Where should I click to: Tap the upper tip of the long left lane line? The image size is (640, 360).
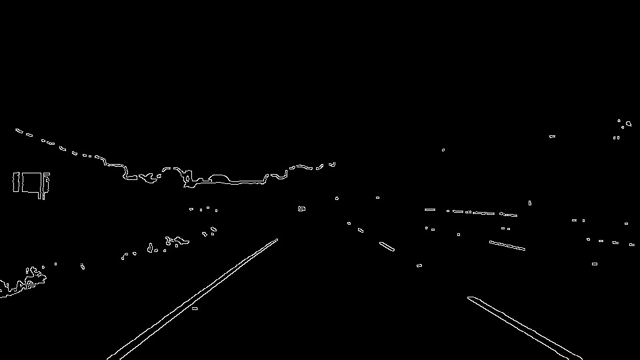(277, 239)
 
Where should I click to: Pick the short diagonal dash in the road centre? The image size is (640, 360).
(387, 247)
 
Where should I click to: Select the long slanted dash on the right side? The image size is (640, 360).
(507, 245)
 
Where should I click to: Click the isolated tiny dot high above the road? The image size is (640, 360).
(443, 150)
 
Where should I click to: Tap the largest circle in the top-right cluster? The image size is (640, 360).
(628, 123)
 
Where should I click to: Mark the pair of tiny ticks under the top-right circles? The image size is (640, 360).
(617, 138)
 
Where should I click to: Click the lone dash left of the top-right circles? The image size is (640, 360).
(552, 137)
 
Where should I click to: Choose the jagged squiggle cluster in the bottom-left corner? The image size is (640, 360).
(23, 283)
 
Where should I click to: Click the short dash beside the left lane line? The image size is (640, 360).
(195, 309)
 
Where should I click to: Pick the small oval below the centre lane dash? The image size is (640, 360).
(419, 266)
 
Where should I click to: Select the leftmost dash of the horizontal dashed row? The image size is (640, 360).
(430, 209)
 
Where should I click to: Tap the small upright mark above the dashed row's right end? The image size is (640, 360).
(530, 203)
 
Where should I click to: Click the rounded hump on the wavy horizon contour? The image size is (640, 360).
(219, 178)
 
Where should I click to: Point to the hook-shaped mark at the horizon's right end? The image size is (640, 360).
(332, 164)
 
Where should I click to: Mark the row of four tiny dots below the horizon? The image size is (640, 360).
(203, 209)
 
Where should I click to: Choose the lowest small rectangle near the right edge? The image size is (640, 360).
(595, 264)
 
